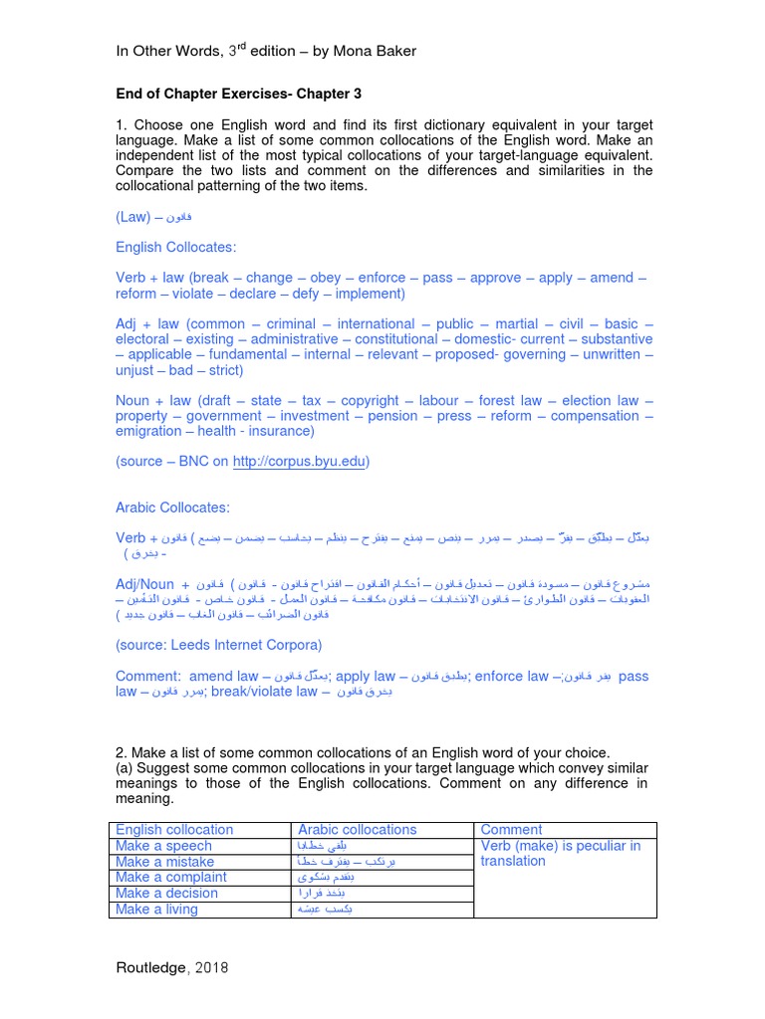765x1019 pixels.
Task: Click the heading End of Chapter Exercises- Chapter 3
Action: [x=239, y=94]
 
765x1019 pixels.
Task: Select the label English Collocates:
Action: [x=176, y=247]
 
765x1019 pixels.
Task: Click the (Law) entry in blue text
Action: [x=132, y=216]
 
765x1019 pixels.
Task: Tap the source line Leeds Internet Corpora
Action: [x=218, y=645]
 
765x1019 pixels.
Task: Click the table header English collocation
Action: [x=174, y=830]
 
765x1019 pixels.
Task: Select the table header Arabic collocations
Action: [x=358, y=830]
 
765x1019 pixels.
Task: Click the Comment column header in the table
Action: [x=511, y=830]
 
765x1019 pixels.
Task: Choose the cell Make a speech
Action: [x=163, y=846]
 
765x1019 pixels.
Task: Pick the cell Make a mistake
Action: [x=165, y=862]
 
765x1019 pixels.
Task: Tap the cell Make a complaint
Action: [x=170, y=878]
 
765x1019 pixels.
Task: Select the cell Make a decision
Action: [x=166, y=894]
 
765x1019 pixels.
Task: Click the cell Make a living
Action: [x=156, y=910]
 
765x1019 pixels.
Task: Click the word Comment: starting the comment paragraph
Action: [x=147, y=677]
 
